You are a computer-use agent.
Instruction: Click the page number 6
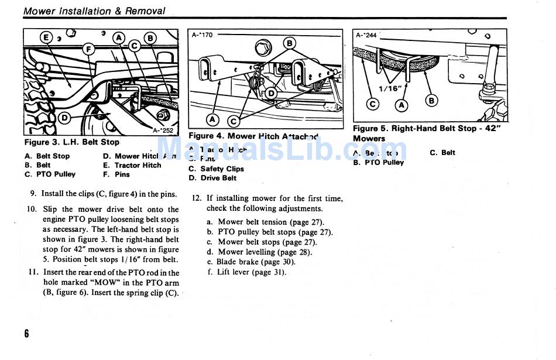[x=26, y=333]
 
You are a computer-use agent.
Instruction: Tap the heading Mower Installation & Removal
[x=94, y=11]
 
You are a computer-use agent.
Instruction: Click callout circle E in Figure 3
[x=46, y=39]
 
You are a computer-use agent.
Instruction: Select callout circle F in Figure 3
[x=90, y=49]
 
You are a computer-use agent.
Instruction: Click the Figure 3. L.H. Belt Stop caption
[x=71, y=142]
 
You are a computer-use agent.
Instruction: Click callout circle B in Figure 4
[x=289, y=43]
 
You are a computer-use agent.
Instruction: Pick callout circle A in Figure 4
[x=213, y=120]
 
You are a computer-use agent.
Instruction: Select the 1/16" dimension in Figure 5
[x=388, y=88]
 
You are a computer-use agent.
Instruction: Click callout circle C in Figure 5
[x=372, y=105]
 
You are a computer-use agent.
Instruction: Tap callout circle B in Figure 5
[x=431, y=101]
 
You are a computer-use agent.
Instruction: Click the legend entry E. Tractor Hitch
[x=132, y=165]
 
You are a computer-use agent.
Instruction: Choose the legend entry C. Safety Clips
[x=216, y=169]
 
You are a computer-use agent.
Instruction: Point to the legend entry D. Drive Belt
[x=212, y=178]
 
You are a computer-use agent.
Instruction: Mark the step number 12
[x=197, y=198]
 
